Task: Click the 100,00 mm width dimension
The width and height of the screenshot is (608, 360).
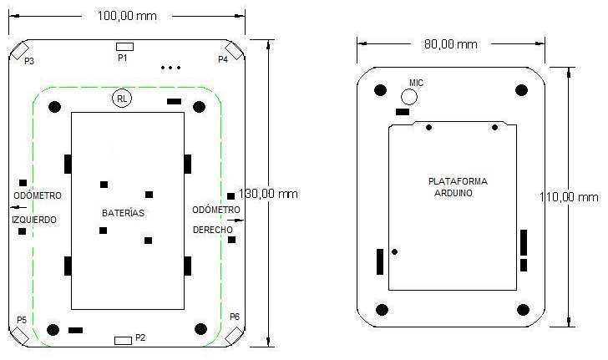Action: pyautogui.click(x=127, y=16)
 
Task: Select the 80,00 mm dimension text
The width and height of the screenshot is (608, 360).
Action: pyautogui.click(x=450, y=43)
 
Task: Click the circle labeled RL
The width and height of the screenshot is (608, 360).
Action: pyautogui.click(x=122, y=99)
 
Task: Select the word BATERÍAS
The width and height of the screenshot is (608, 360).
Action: pyautogui.click(x=124, y=213)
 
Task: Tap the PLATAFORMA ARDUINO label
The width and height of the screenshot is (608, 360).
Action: pyautogui.click(x=457, y=186)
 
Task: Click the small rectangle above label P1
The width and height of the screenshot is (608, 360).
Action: pyautogui.click(x=124, y=46)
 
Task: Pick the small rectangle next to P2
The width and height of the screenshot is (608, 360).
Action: pyautogui.click(x=123, y=340)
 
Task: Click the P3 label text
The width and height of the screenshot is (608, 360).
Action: pyautogui.click(x=29, y=61)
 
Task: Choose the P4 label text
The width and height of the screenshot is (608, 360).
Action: pyautogui.click(x=223, y=60)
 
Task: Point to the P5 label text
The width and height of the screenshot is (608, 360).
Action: pyautogui.click(x=22, y=320)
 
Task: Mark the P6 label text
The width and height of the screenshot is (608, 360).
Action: pyautogui.click(x=235, y=317)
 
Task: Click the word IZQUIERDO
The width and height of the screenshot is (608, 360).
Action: pyautogui.click(x=35, y=221)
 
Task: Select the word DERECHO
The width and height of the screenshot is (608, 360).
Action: pyautogui.click(x=213, y=229)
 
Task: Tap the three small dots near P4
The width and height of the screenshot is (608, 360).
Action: pyautogui.click(x=170, y=67)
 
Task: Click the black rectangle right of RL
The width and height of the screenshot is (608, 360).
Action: pyautogui.click(x=174, y=101)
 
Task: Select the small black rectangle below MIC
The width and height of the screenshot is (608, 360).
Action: pyautogui.click(x=403, y=111)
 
